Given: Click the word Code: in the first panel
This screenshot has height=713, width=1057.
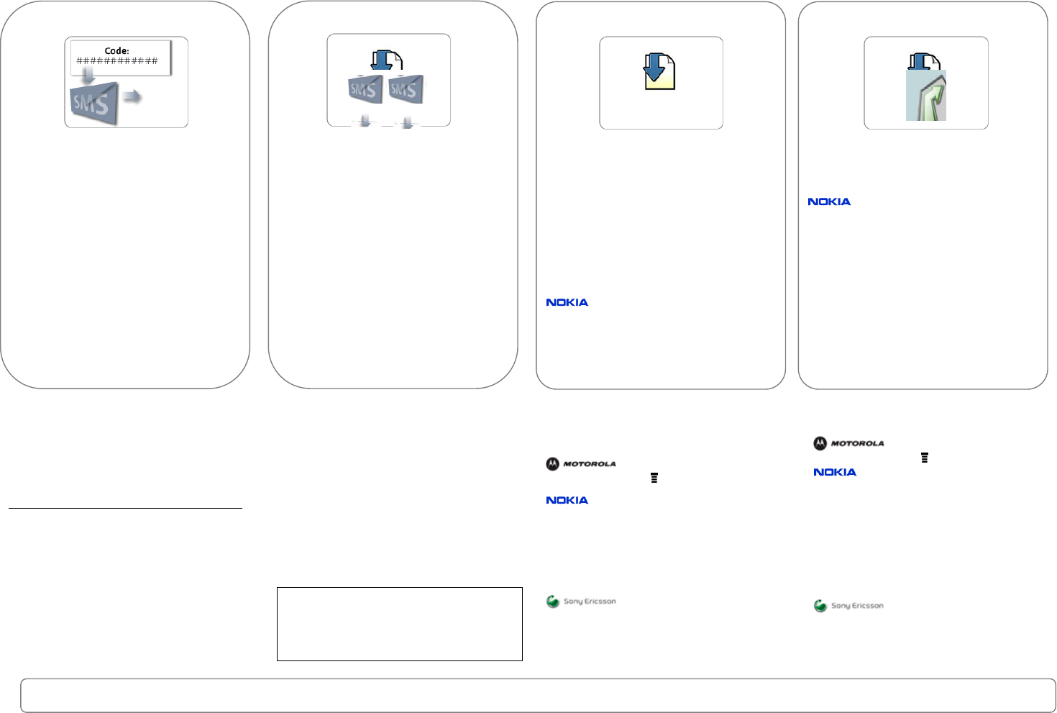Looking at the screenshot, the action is pos(116,51).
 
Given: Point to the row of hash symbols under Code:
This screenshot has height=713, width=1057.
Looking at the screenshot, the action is pos(117,61).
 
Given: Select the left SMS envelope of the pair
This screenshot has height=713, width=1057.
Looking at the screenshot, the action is pos(364,89).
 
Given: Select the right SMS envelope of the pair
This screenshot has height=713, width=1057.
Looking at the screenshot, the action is pos(405,89).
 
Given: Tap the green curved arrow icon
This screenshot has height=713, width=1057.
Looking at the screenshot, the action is pos(926,96).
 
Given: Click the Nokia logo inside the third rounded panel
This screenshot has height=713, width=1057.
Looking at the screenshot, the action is pos(567,302).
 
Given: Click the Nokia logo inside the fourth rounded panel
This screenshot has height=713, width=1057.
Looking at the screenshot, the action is pos(829,201).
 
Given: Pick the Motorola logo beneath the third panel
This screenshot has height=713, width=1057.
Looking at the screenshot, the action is pos(581,464).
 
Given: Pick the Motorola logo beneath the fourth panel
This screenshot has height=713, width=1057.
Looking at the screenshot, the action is pos(848,443).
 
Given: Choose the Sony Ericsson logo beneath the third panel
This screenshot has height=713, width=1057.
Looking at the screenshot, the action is pos(581,601).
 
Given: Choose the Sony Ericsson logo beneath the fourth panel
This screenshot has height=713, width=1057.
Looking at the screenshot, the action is pos(848,606).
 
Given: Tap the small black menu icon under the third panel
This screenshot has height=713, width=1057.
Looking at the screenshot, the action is pos(654,478).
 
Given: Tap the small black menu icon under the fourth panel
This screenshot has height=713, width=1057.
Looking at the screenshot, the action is pos(925,458).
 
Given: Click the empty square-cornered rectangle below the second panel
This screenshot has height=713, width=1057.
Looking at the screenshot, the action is pos(399,624).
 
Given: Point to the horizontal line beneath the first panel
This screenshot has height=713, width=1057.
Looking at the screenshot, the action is pos(125,509).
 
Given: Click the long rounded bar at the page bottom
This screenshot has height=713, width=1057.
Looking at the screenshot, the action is pos(538,695).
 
